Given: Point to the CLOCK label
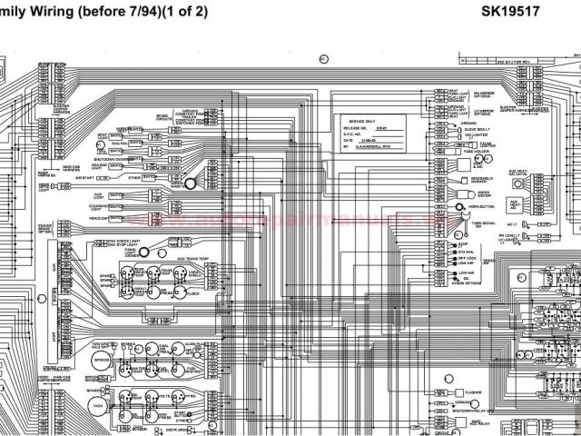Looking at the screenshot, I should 193,294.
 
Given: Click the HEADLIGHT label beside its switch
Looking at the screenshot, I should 100,218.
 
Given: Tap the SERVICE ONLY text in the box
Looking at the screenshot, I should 363,121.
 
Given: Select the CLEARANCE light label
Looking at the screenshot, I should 100,206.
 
